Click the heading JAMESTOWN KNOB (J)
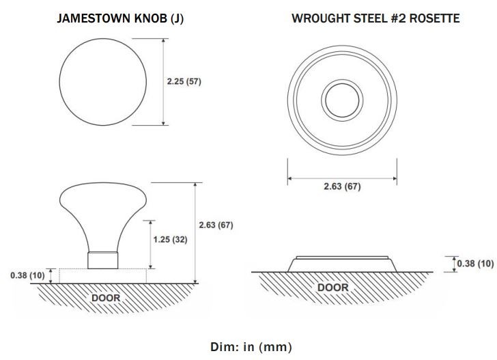[120, 18]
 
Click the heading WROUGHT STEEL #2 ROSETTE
[375, 18]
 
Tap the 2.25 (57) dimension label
[184, 81]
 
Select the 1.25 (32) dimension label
[170, 240]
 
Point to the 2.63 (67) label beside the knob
[216, 225]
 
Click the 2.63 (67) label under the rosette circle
[342, 186]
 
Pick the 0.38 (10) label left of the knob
[27, 275]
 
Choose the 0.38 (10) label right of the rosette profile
[475, 264]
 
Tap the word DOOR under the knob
[106, 298]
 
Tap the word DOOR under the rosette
[333, 288]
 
